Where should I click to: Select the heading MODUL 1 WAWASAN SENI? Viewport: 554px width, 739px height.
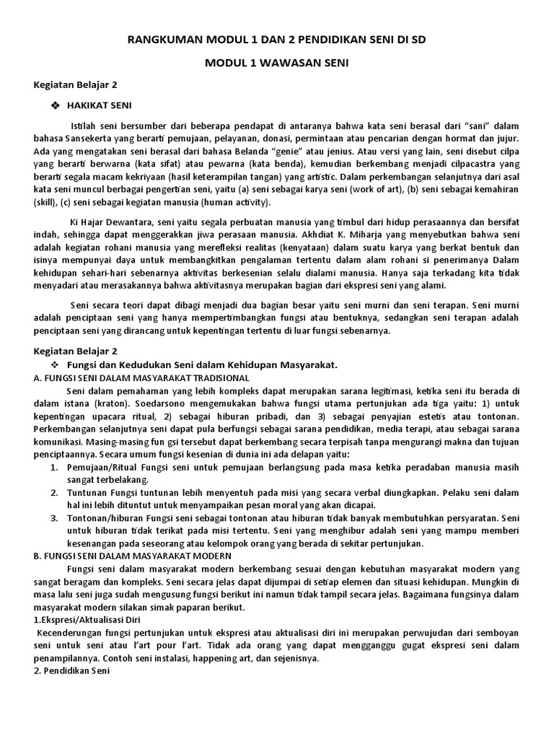[x=277, y=64]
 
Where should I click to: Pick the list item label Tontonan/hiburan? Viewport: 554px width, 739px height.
[x=101, y=517]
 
